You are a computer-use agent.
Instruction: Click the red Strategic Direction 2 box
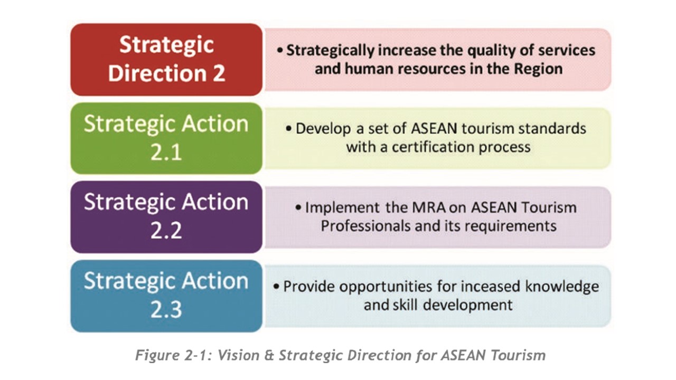coord(166,59)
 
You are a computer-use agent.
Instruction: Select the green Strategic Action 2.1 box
coord(166,138)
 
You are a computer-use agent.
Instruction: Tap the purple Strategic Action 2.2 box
coord(166,217)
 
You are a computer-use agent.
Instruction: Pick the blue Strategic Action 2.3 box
coord(166,296)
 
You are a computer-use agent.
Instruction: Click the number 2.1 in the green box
coord(166,153)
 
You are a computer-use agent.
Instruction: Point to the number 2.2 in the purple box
coord(166,231)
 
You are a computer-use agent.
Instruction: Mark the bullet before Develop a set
coord(289,129)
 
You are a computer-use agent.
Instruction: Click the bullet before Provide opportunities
coord(276,287)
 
